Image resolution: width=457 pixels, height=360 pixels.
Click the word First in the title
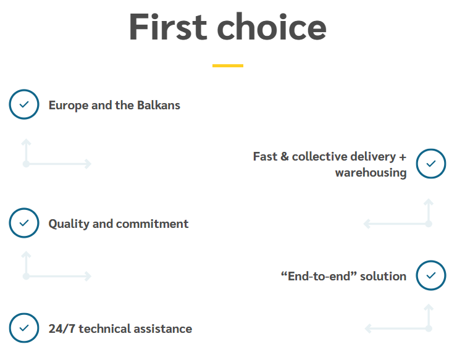pos(168,27)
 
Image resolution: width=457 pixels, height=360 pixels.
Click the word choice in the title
pos(272,26)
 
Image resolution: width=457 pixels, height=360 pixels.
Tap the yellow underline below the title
pos(228,65)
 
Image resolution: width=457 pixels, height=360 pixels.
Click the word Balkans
pos(159,105)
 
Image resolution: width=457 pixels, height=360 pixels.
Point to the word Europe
pos(69,106)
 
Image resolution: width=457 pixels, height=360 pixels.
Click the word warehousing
pos(371,173)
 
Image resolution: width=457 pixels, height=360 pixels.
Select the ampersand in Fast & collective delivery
pos(285,156)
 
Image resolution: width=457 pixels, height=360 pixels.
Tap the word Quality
pos(69,224)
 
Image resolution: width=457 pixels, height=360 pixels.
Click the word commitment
pos(152,224)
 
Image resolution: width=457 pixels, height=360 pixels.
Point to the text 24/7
pos(62,329)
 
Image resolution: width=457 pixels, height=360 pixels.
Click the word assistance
pos(163,329)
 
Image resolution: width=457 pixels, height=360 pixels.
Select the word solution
pos(383,277)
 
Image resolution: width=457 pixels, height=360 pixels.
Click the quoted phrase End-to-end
pos(319,276)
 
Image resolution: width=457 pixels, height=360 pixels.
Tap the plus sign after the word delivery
pos(403,157)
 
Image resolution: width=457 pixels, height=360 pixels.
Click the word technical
pos(105,329)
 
